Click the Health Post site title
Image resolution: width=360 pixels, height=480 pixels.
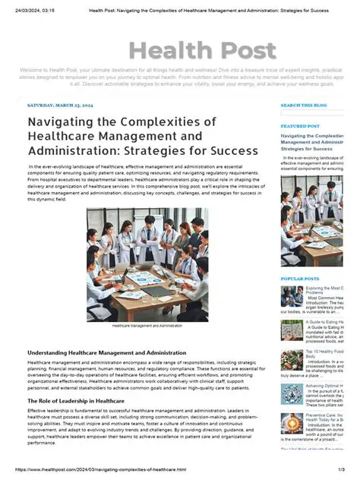[x=202, y=51]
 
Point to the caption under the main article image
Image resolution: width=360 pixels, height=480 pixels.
[x=147, y=326]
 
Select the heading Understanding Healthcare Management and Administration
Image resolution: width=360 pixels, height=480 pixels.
[x=106, y=353]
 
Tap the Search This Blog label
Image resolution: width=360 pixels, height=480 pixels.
[x=304, y=105]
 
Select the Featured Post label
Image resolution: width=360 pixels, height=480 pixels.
[x=300, y=126]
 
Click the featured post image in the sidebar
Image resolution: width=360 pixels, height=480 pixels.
[x=312, y=220]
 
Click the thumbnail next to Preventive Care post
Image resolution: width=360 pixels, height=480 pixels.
[x=292, y=422]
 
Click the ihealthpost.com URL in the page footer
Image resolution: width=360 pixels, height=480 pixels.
[x=101, y=470]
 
